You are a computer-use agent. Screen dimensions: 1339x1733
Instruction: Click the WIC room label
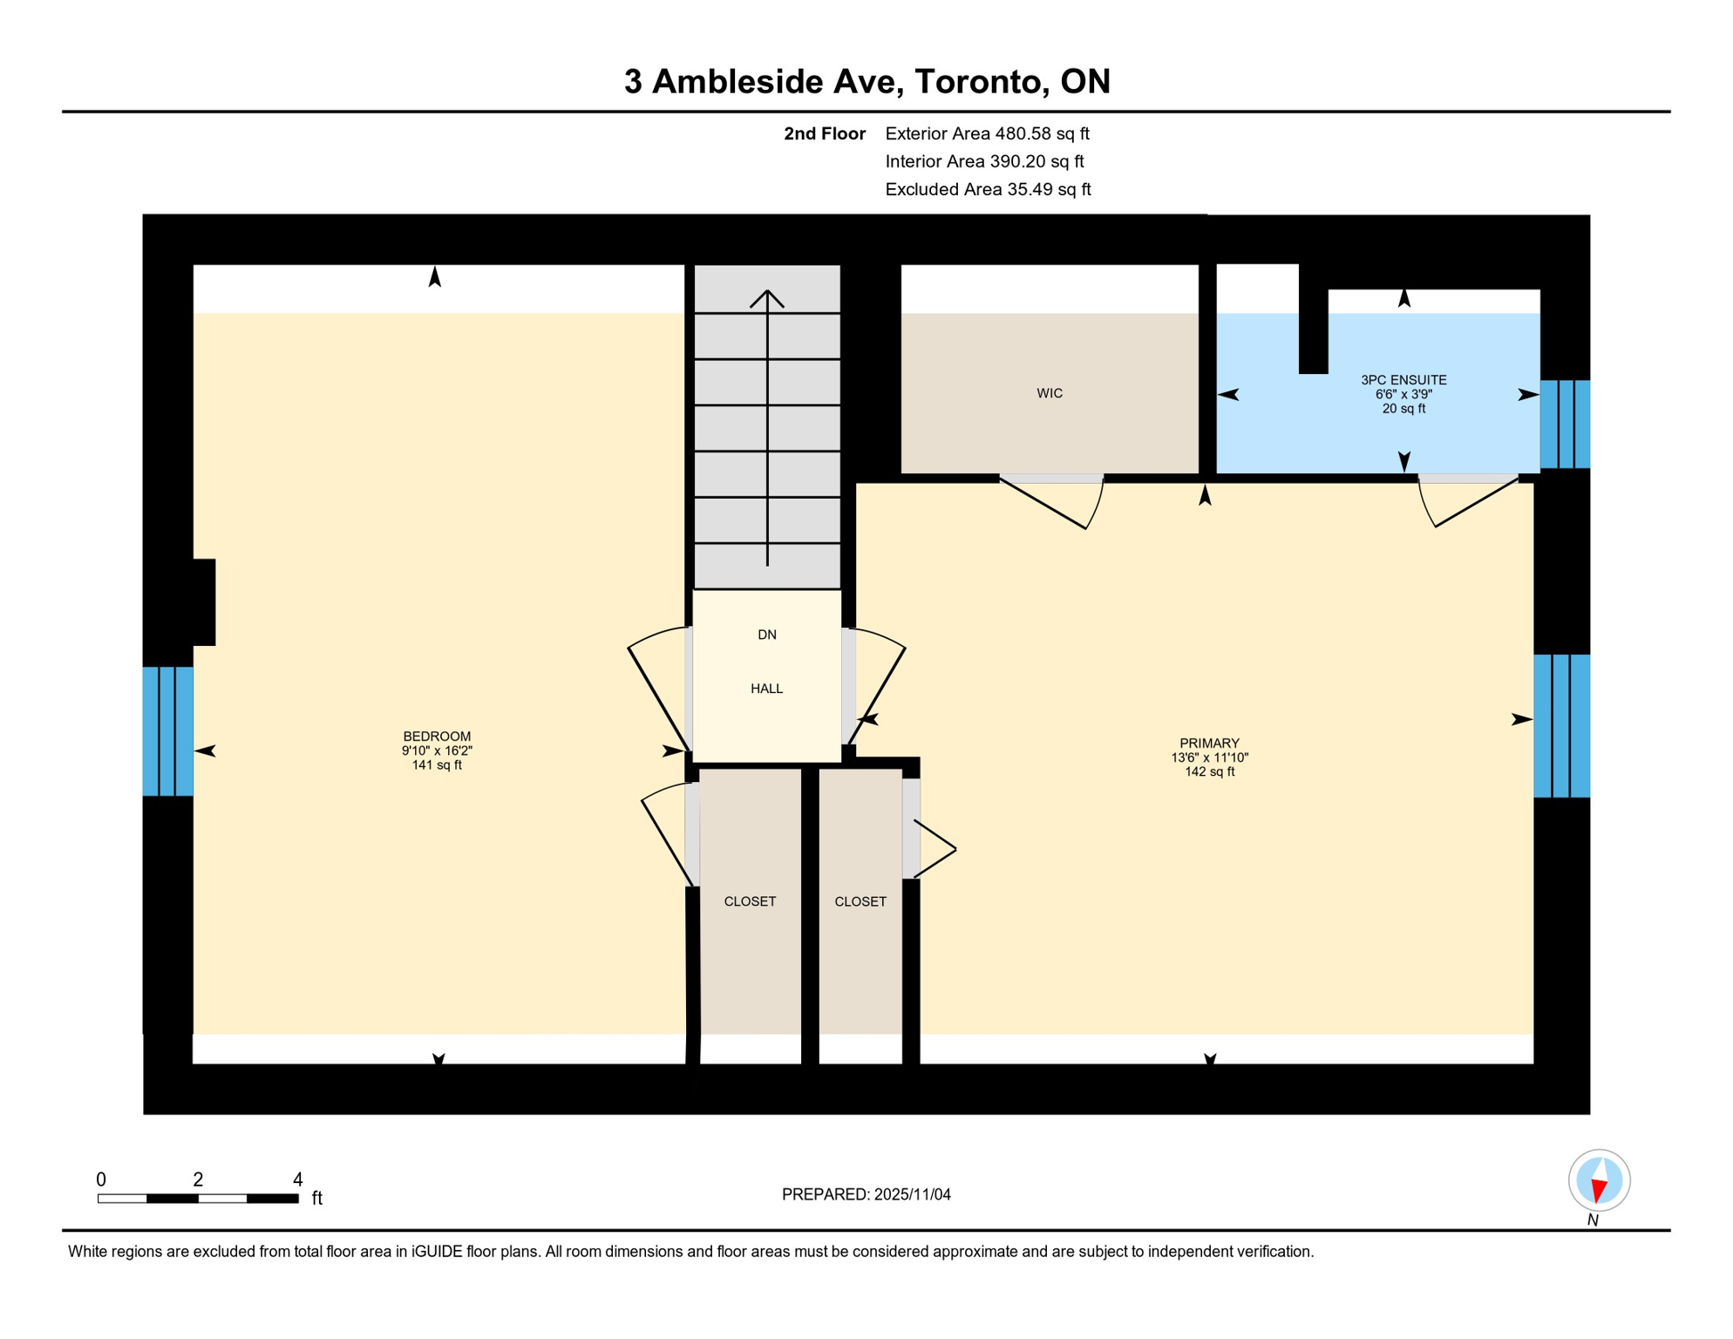pyautogui.click(x=1050, y=393)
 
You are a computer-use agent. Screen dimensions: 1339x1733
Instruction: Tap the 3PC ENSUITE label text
pyautogui.click(x=1403, y=380)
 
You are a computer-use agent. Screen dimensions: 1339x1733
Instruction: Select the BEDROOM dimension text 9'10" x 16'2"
pyautogui.click(x=437, y=751)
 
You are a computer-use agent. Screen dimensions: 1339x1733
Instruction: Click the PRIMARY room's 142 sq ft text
pyautogui.click(x=1209, y=771)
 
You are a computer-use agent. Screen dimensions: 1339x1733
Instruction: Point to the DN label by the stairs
pyautogui.click(x=767, y=635)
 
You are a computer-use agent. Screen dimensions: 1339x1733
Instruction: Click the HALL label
pyautogui.click(x=767, y=689)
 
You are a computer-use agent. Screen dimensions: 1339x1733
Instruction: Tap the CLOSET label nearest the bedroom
pyautogui.click(x=750, y=901)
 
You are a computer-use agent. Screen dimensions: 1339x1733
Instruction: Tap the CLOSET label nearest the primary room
pyautogui.click(x=860, y=901)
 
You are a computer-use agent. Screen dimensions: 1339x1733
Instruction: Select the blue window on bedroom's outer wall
pyautogui.click(x=168, y=731)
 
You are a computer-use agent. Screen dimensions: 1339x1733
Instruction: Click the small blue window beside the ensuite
pyautogui.click(x=1565, y=425)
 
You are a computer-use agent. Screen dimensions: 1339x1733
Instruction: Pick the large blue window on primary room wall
pyautogui.click(x=1561, y=726)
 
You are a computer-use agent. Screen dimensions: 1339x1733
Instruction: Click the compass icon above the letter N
pyautogui.click(x=1599, y=1180)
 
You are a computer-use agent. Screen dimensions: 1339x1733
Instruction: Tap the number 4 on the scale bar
pyautogui.click(x=297, y=1179)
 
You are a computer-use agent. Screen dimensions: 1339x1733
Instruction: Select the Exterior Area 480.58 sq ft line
pyautogui.click(x=987, y=133)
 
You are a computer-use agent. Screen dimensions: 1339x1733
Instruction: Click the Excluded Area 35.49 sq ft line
pyautogui.click(x=988, y=189)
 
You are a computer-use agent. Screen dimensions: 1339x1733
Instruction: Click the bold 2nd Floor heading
pyautogui.click(x=824, y=133)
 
